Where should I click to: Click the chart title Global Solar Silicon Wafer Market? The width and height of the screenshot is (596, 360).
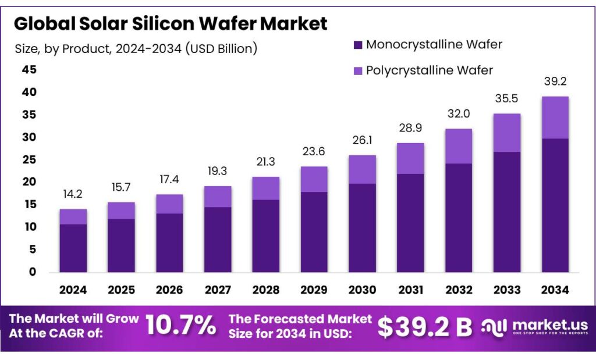(x=171, y=23)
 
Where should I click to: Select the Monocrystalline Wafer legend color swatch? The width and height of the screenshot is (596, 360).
(x=358, y=45)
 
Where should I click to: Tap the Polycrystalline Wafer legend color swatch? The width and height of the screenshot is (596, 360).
(x=358, y=70)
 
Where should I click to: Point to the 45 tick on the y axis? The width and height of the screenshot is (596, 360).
(x=29, y=70)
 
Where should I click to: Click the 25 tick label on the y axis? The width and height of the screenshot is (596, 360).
(x=29, y=160)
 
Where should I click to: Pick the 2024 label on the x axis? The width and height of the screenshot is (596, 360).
(x=73, y=289)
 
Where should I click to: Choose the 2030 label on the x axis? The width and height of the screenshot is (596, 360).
(x=362, y=289)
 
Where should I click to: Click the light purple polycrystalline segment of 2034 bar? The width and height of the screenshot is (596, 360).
(x=555, y=117)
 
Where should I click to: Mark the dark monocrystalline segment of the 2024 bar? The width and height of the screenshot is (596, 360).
(x=73, y=248)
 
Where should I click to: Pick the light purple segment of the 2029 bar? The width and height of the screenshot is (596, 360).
(x=314, y=179)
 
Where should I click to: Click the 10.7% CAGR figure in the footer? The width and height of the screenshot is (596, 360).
(x=180, y=326)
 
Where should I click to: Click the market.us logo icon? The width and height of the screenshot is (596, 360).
(x=494, y=326)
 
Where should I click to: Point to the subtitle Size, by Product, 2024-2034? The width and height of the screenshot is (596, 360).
(x=136, y=48)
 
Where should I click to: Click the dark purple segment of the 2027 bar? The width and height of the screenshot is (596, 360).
(x=217, y=239)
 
